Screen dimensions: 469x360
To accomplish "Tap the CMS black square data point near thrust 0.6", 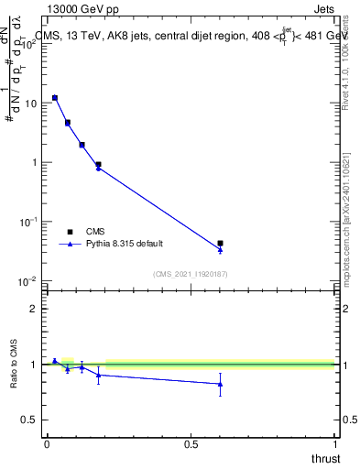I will [220, 244].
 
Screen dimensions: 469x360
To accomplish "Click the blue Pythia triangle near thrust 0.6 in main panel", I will [220, 250].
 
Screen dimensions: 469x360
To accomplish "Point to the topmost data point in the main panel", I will [55, 97].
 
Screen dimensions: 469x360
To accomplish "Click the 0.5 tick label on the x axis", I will [191, 444].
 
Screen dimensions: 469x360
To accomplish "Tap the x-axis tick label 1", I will [334, 444].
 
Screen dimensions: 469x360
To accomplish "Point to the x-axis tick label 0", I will [47, 444].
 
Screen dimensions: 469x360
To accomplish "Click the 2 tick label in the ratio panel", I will [34, 309].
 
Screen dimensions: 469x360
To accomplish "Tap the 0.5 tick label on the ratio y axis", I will [30, 420].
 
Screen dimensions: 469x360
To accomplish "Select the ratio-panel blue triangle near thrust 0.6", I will [220, 384].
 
